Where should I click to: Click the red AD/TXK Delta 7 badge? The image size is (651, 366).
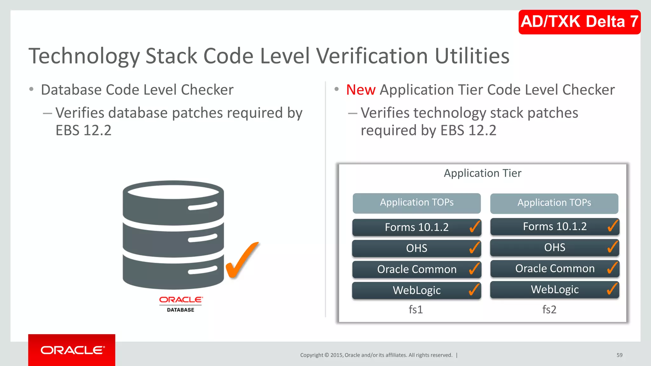[579, 22]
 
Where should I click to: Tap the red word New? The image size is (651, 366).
[360, 90]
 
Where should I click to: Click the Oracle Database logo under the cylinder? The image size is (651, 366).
[181, 304]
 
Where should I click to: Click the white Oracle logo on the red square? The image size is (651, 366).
[72, 350]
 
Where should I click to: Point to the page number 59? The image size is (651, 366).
[619, 355]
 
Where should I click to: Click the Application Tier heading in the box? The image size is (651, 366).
[482, 173]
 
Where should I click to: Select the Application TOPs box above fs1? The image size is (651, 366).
[416, 203]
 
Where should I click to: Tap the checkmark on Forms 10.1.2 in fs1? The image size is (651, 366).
[475, 227]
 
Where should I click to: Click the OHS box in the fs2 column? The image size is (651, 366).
[554, 247]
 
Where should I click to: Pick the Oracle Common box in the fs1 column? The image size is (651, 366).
[416, 269]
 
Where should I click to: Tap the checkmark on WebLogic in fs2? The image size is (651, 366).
[612, 289]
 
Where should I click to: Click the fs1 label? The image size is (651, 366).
[415, 309]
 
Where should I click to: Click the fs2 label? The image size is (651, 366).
[549, 309]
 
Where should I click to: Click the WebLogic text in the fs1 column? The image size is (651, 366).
[416, 290]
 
